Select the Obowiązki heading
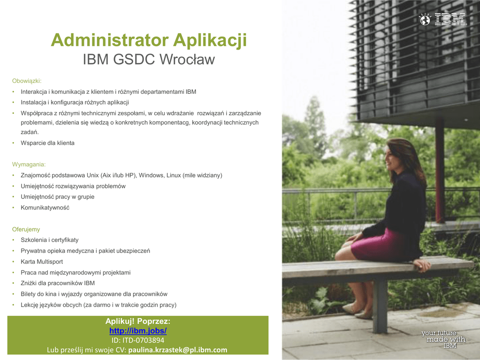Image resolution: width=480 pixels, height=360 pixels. pos(27,81)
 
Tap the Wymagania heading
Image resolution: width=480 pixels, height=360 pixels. pos(29,165)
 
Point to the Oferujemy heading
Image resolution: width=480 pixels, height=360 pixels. pos(26,229)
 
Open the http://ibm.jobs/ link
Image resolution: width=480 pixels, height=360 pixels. pos(138,330)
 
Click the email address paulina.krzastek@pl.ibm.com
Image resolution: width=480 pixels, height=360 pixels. pos(178,350)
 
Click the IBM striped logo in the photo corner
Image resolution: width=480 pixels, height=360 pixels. pos(450,19)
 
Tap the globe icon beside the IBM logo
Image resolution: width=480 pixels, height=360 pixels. pos(425,20)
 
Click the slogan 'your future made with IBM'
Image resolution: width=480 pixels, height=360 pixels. pos(443,339)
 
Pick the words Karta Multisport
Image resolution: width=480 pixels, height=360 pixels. pos(42,262)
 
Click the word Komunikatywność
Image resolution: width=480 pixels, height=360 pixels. pos(45,208)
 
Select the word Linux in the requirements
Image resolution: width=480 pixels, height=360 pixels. pos(173,175)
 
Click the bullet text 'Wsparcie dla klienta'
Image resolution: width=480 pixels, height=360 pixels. pos(47,143)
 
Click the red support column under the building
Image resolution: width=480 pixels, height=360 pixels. pos(440,170)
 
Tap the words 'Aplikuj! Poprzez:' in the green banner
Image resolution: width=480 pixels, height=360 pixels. pos(138,321)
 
